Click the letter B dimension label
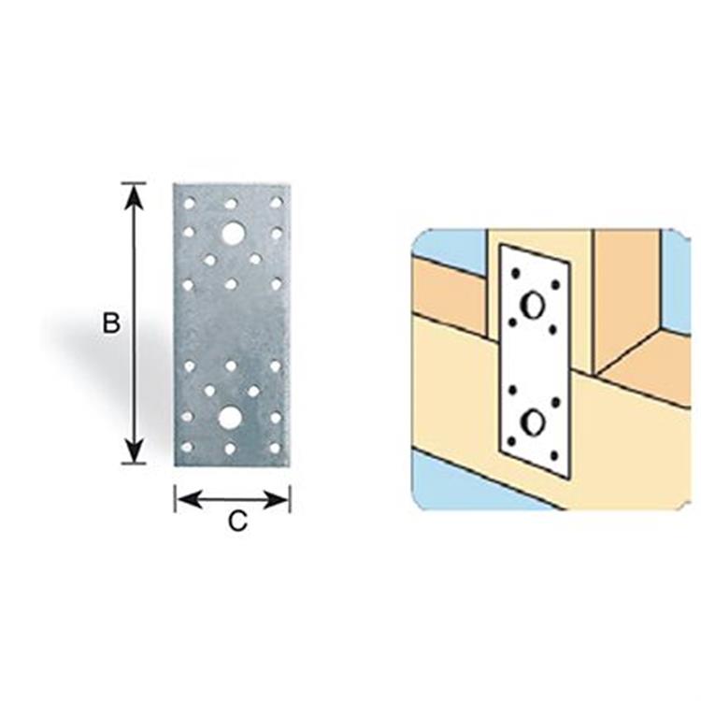tap(111, 322)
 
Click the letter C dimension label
tap(237, 522)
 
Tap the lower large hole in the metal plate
tap(230, 418)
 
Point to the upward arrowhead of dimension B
tap(134, 196)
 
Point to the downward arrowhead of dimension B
tap(134, 451)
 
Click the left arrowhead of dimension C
tap(188, 500)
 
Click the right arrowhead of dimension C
tap(278, 500)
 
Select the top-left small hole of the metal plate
tap(189, 204)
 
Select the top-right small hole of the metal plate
tap(277, 203)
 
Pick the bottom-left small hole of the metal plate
tap(187, 447)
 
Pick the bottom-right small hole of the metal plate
tap(275, 448)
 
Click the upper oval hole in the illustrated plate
tap(533, 306)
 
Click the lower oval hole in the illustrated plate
tap(533, 422)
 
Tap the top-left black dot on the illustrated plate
tap(515, 272)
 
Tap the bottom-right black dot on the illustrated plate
tap(554, 456)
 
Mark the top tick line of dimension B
tap(134, 183)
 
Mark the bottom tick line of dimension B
tap(134, 464)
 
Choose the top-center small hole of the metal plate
tap(231, 204)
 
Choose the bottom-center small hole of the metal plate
tap(230, 449)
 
